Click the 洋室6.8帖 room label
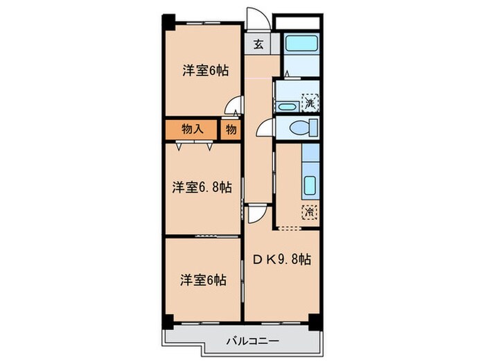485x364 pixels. tap(202, 187)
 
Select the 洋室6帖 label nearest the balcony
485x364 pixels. tap(202, 280)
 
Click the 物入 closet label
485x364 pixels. tap(191, 129)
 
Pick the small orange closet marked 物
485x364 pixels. tap(230, 129)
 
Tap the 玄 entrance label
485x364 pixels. tap(257, 44)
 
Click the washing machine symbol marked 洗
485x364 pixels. tap(311, 103)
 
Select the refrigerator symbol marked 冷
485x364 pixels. tap(309, 212)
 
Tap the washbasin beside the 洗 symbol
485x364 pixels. tap(285, 105)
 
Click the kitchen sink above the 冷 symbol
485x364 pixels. tap(310, 186)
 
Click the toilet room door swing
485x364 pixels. tap(265, 128)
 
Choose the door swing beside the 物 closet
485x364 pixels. tap(236, 108)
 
